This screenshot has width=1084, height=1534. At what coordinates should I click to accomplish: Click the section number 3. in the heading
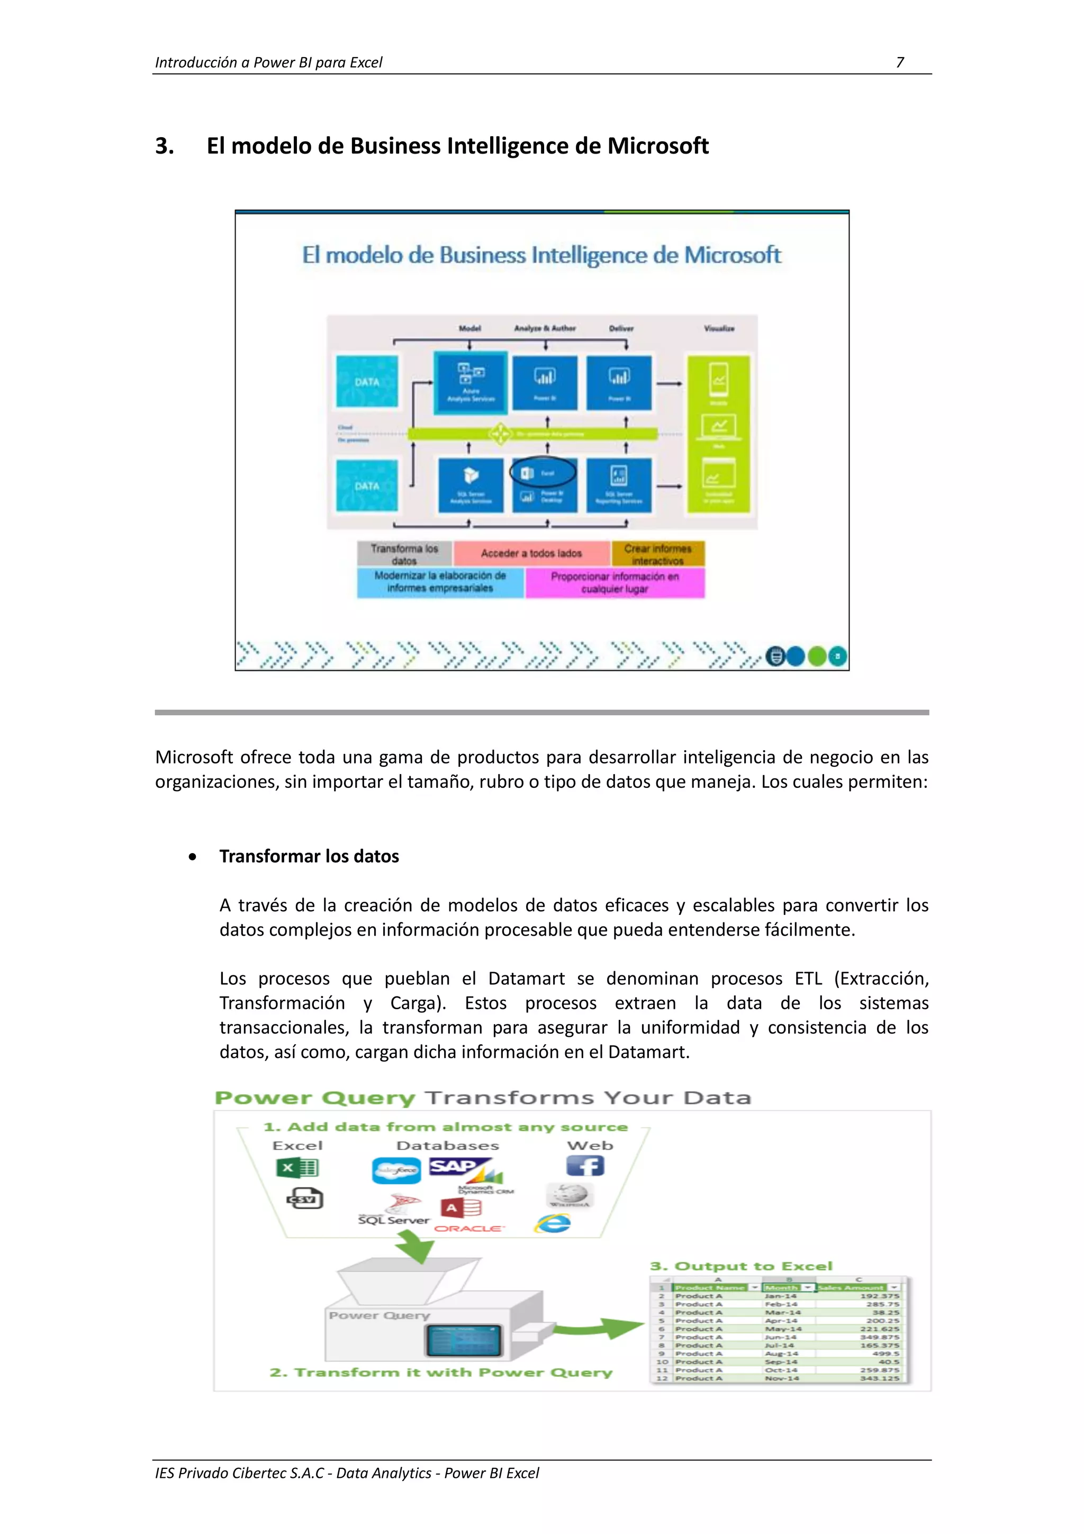pos(164,146)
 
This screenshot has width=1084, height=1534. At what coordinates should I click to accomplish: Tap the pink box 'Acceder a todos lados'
pos(531,553)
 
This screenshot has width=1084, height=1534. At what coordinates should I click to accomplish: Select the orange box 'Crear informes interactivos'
pos(658,554)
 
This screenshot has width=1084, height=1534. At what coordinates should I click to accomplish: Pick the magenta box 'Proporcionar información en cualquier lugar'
pos(615,582)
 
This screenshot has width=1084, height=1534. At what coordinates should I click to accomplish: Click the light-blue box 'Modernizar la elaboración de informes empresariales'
pos(440,582)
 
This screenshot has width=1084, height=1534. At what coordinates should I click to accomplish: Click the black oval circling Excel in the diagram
pos(543,472)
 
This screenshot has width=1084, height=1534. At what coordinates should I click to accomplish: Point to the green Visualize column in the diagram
pos(719,434)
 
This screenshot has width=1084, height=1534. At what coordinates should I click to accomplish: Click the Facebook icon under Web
pos(586,1167)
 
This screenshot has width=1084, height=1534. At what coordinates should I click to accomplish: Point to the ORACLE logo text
pos(469,1228)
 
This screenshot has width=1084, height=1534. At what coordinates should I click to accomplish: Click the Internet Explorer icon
pos(553,1223)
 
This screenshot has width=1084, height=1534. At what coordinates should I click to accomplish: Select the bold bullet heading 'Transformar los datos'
pos(309,857)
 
